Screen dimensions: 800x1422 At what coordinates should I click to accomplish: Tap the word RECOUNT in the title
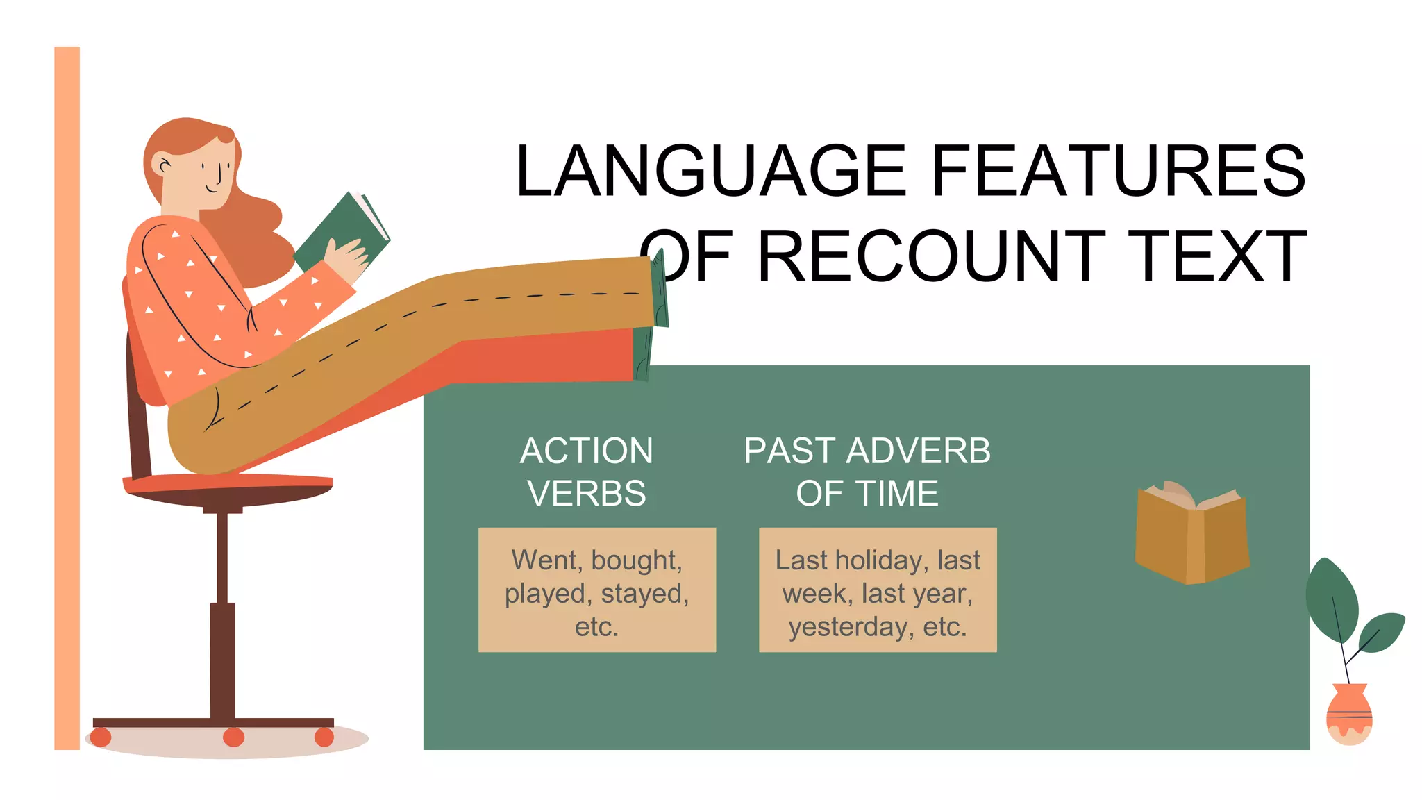click(930, 257)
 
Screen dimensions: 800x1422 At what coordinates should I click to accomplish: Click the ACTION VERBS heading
click(587, 472)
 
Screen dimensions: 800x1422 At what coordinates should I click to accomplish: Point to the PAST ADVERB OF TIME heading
click(867, 472)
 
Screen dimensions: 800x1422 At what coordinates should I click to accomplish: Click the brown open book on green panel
click(1191, 535)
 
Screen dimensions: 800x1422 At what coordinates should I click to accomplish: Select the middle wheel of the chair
click(233, 737)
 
